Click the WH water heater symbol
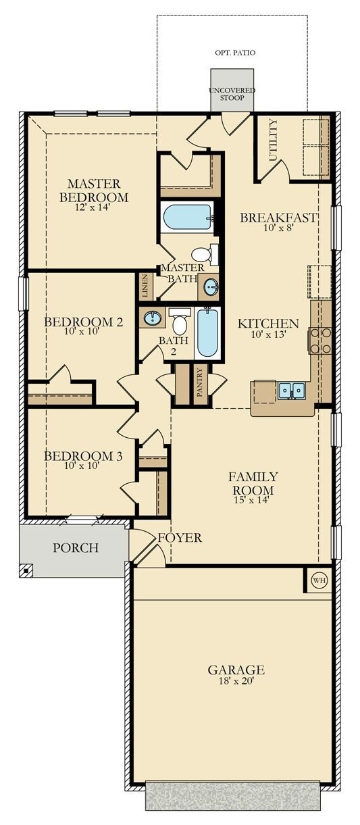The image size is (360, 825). (x=319, y=579)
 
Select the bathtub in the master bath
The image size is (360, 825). (x=188, y=218)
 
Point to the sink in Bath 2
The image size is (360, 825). (x=152, y=317)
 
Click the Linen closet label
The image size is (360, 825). (x=145, y=286)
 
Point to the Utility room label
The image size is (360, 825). (x=273, y=140)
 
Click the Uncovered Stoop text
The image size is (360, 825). (x=232, y=94)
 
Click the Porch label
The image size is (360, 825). (x=76, y=547)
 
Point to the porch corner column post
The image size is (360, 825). (x=26, y=570)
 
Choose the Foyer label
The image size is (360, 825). (x=180, y=538)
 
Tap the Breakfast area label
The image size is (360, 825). (x=278, y=218)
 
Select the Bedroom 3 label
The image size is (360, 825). (x=83, y=457)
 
